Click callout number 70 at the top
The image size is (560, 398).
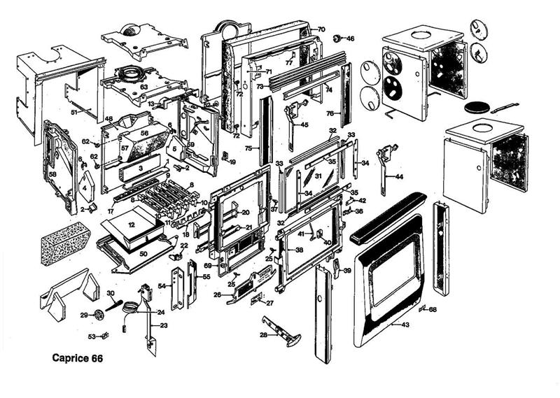click(x=321, y=29)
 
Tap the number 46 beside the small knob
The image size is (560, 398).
click(x=351, y=38)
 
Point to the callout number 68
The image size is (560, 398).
click(x=433, y=309)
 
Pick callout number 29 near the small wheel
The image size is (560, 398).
click(x=84, y=315)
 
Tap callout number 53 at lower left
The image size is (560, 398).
click(x=92, y=336)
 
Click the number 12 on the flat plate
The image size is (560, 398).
click(x=131, y=225)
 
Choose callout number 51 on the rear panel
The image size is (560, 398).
click(x=75, y=111)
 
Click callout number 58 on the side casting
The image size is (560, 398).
click(x=52, y=173)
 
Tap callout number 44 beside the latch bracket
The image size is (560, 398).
click(x=399, y=177)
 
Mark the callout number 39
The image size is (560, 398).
click(x=347, y=271)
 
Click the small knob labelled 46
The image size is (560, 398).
click(x=337, y=38)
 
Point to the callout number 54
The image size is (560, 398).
click(x=161, y=287)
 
